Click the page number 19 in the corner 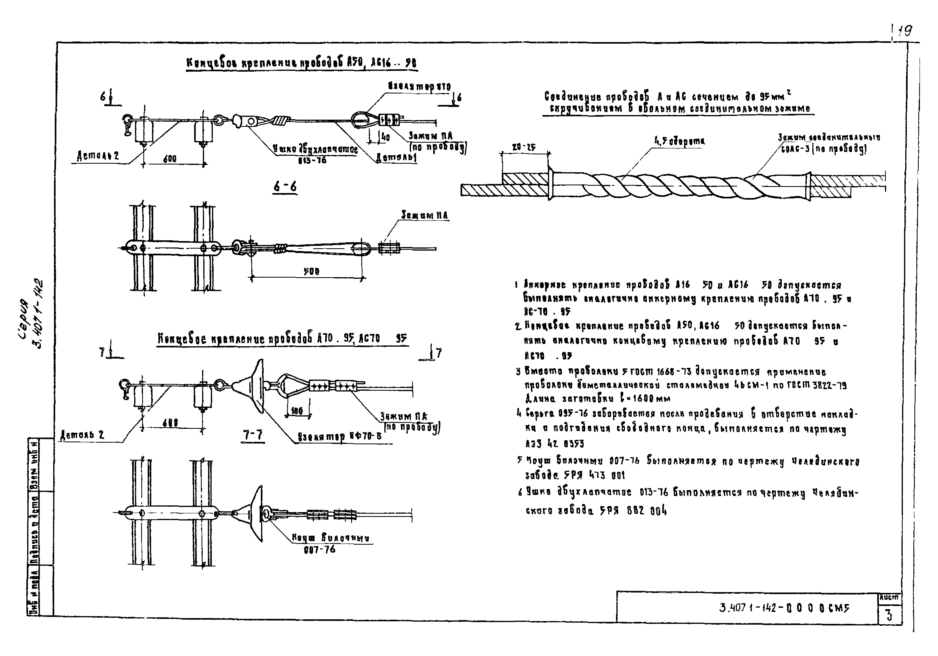pyautogui.click(x=904, y=31)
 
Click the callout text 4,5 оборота pyautogui.click(x=679, y=141)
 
